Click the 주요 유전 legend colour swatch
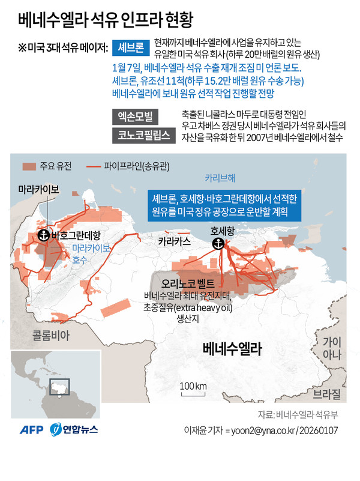point(29,166)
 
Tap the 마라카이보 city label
point(38,189)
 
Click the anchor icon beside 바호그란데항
point(43,235)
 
